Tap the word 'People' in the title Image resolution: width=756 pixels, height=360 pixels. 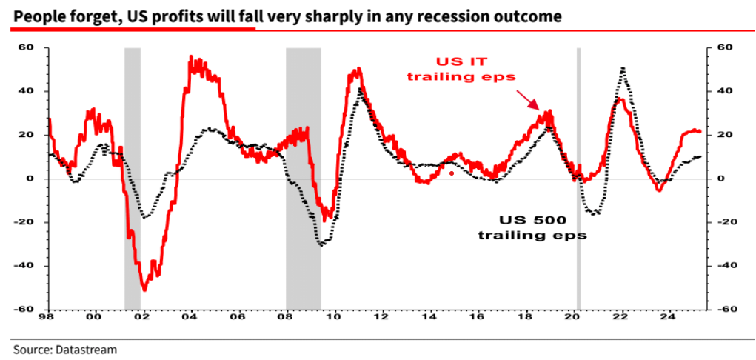(36, 16)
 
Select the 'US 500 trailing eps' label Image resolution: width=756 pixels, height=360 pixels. (532, 227)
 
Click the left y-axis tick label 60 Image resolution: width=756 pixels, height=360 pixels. (27, 48)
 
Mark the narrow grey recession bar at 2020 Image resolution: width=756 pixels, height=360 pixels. (578, 178)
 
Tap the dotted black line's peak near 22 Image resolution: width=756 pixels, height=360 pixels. (623, 69)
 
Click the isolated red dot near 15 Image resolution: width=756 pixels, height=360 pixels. (451, 173)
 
